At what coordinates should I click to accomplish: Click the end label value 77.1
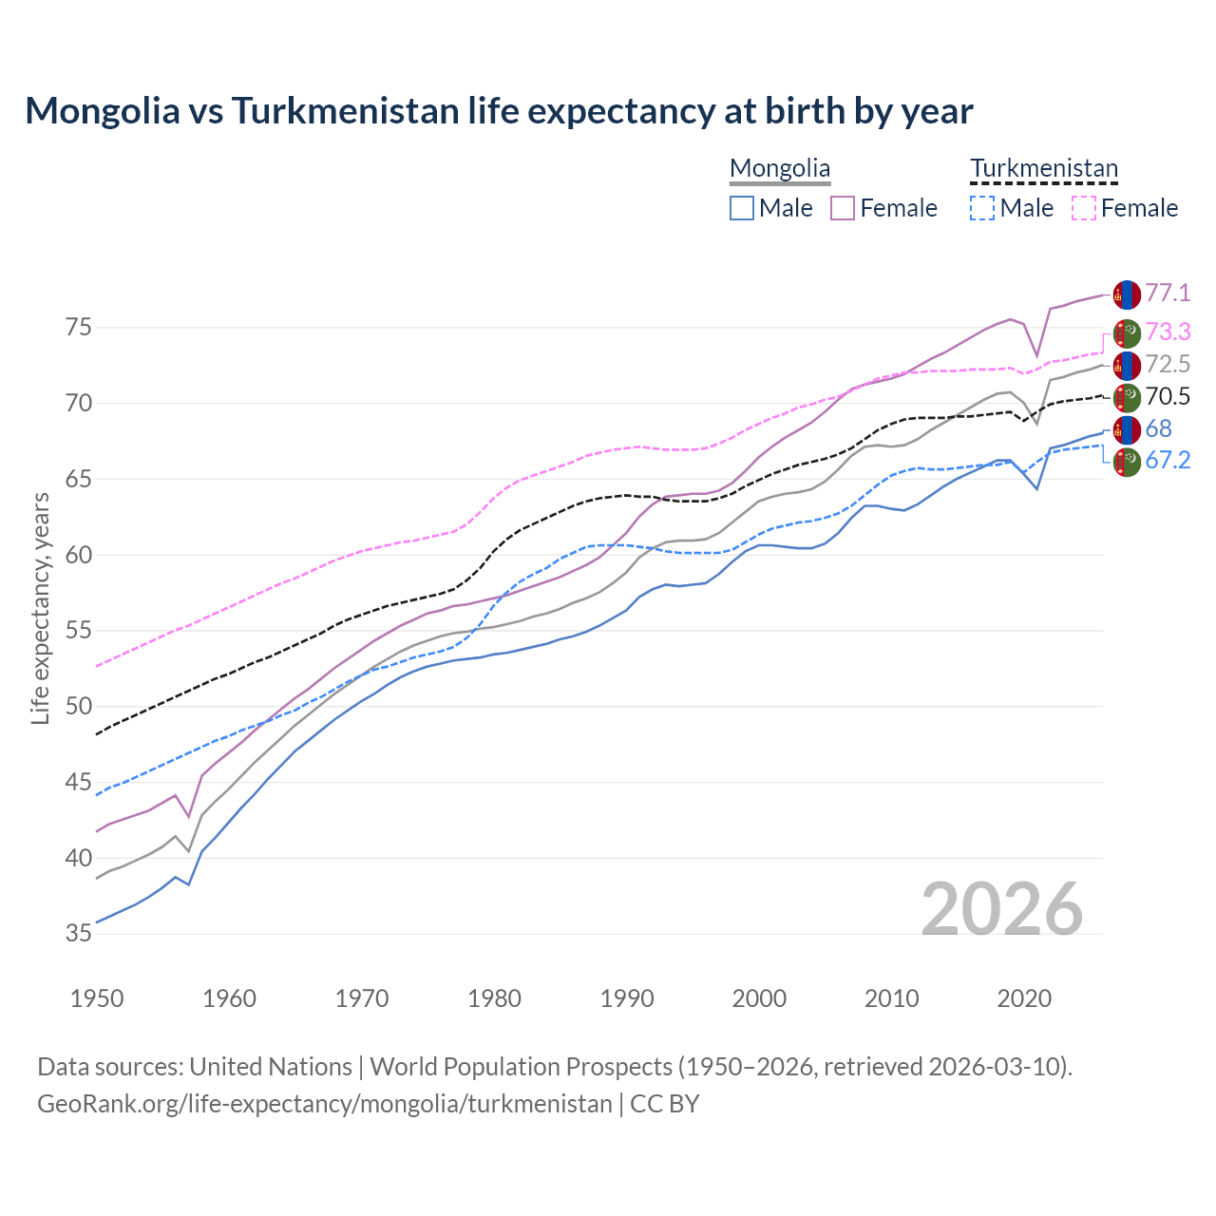1168,294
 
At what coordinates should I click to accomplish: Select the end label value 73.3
1168,332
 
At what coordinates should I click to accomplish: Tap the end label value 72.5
1168,365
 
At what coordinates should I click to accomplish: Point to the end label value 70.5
1168,397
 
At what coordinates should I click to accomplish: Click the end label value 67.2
1168,461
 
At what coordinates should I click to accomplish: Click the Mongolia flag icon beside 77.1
1127,294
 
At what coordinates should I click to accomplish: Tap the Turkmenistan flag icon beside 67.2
1127,463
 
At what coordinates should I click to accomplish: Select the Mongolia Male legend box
742,208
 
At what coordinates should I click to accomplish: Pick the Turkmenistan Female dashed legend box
1084,208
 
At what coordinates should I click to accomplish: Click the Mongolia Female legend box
843,208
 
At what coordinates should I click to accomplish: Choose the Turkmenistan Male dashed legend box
982,208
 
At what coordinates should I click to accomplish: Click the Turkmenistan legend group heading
1044,169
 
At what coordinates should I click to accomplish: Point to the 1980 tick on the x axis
495,998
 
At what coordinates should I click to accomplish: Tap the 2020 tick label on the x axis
1024,998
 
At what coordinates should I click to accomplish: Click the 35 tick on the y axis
80,934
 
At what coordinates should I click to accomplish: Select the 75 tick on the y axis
80,328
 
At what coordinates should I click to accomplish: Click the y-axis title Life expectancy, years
40,608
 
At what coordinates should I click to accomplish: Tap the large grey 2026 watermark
1002,909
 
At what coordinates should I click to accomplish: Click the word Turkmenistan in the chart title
345,111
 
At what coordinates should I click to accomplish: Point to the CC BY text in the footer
665,1104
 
